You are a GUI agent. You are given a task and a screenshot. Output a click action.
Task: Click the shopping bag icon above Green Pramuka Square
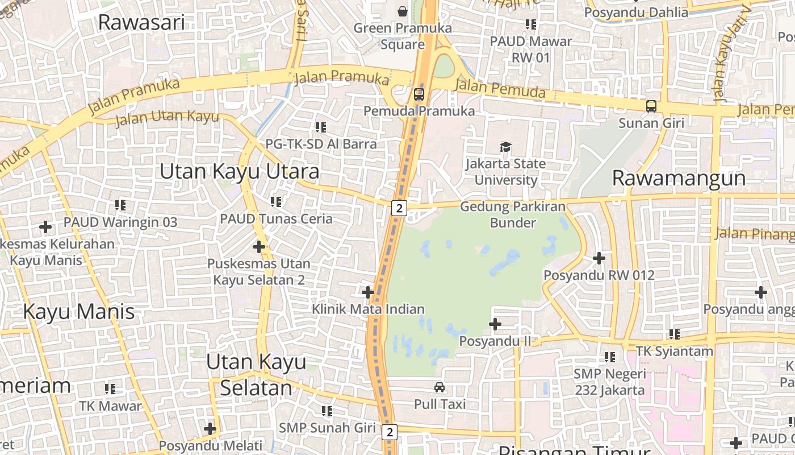(403, 11)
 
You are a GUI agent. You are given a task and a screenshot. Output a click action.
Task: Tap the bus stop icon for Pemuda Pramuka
(419, 94)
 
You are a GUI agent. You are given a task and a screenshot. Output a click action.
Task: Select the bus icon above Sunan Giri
(651, 106)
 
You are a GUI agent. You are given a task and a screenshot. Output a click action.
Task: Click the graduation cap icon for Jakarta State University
(505, 147)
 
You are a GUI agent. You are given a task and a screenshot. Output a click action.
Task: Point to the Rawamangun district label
(679, 178)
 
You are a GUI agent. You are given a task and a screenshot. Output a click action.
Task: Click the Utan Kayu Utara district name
(239, 171)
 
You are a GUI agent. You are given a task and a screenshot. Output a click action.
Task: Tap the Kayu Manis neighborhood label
(79, 312)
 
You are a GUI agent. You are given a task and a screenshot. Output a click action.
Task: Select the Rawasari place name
(141, 22)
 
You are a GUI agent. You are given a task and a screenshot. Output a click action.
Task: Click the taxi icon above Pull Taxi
(440, 388)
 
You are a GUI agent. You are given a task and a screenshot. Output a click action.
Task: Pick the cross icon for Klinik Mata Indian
(368, 293)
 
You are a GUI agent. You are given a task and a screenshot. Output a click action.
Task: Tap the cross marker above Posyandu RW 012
(599, 258)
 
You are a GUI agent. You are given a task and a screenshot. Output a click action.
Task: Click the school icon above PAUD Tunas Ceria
(277, 201)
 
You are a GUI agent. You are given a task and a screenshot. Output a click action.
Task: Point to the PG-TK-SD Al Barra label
(321, 144)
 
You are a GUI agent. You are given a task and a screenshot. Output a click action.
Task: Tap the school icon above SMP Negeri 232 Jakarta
(610, 357)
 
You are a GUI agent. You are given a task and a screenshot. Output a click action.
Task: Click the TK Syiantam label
(674, 351)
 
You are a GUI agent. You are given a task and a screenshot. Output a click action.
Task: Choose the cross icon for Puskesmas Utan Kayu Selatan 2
(259, 247)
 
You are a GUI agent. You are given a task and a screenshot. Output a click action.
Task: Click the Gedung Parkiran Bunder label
(513, 214)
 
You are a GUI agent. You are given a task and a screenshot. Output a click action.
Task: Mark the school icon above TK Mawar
(110, 389)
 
